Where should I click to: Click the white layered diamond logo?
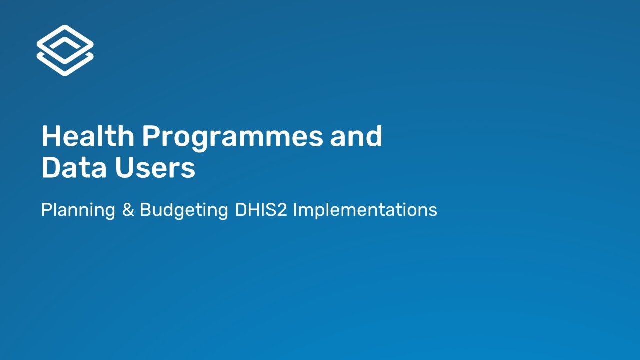point(65,50)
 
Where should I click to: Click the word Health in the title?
point(88,136)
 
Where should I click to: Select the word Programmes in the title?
point(232,137)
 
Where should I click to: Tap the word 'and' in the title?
point(356,136)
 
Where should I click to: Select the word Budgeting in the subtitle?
point(184,210)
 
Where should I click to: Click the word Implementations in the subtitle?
point(365,210)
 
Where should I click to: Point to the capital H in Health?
point(51,136)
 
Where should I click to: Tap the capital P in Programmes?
point(151,136)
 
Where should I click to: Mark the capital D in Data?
point(51,168)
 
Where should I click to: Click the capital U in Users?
point(124,168)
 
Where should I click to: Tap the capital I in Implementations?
point(295,210)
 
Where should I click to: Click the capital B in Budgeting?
point(145,210)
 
